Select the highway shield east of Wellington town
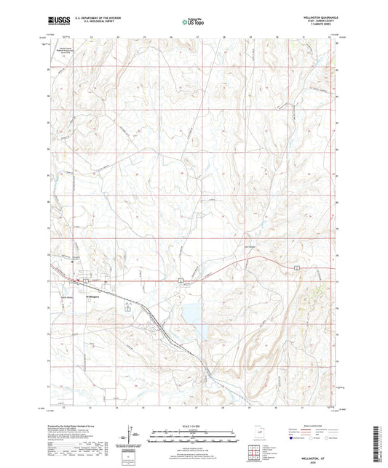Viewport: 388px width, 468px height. (181, 279)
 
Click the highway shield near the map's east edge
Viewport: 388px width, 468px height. (297, 268)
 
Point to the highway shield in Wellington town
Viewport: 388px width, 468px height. (85, 280)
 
